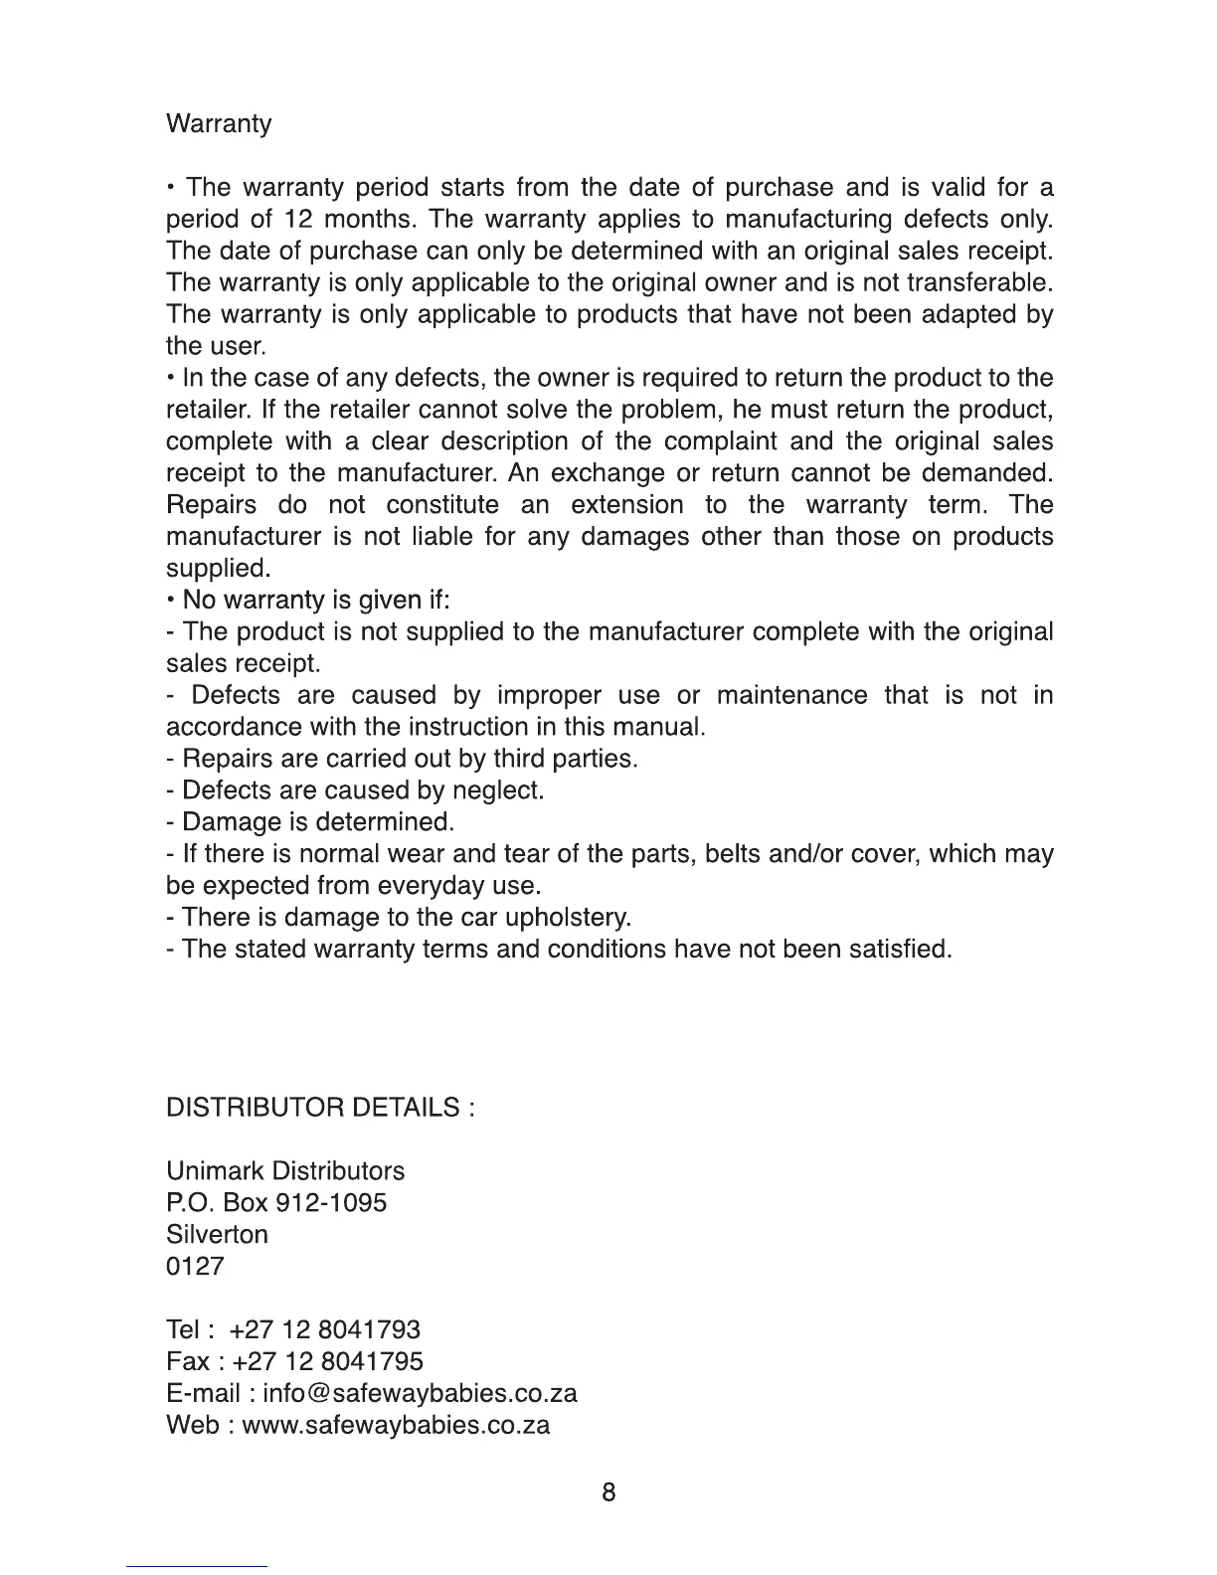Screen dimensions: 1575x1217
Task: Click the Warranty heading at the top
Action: (x=218, y=124)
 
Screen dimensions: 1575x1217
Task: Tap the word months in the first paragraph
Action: (x=367, y=220)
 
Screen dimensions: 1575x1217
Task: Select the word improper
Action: (x=549, y=695)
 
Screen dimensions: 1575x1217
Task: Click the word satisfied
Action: (x=900, y=949)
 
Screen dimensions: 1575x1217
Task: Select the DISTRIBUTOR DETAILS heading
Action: (x=319, y=1108)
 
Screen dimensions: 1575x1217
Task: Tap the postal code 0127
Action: (x=195, y=1267)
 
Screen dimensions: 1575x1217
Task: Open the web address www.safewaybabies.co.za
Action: (x=396, y=1426)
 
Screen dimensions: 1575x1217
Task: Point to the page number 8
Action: (x=608, y=1492)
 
